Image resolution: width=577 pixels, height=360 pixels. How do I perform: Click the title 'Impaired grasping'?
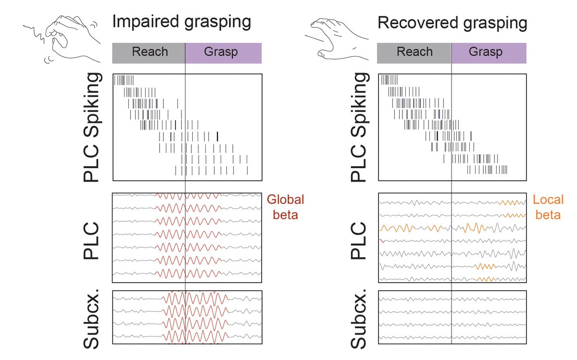[x=181, y=22]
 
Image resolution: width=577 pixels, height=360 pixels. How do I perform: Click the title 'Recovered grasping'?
[x=452, y=22]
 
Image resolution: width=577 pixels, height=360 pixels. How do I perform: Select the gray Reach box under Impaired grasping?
[x=149, y=52]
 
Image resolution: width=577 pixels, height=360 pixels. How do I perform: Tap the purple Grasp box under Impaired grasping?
[x=224, y=52]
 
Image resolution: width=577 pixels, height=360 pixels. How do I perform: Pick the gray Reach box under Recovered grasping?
[x=414, y=52]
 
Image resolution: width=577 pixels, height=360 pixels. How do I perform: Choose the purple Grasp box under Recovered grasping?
[x=489, y=52]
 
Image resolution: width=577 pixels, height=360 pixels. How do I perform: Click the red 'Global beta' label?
[x=286, y=207]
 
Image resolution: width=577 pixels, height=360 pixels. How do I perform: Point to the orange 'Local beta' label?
[x=548, y=207]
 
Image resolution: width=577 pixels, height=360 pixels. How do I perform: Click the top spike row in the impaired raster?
[x=124, y=80]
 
